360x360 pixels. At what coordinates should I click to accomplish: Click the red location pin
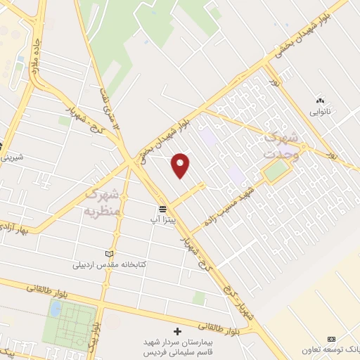pos(181,165)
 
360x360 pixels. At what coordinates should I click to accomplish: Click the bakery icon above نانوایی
pos(320,101)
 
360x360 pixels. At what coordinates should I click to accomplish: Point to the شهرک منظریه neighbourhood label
pos(103,200)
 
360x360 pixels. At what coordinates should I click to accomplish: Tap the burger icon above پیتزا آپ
pos(162,210)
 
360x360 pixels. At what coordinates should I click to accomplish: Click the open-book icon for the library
pos(108,254)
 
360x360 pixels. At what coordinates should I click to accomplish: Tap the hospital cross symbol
pos(177,330)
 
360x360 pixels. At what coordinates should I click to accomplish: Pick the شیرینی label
pos(12,157)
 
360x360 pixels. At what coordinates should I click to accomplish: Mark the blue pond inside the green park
pos(55,309)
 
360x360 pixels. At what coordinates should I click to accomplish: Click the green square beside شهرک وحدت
pos(276,169)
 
